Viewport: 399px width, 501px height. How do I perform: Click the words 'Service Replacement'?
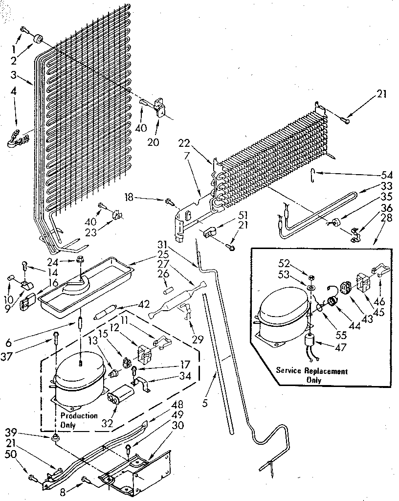(x=311, y=372)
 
